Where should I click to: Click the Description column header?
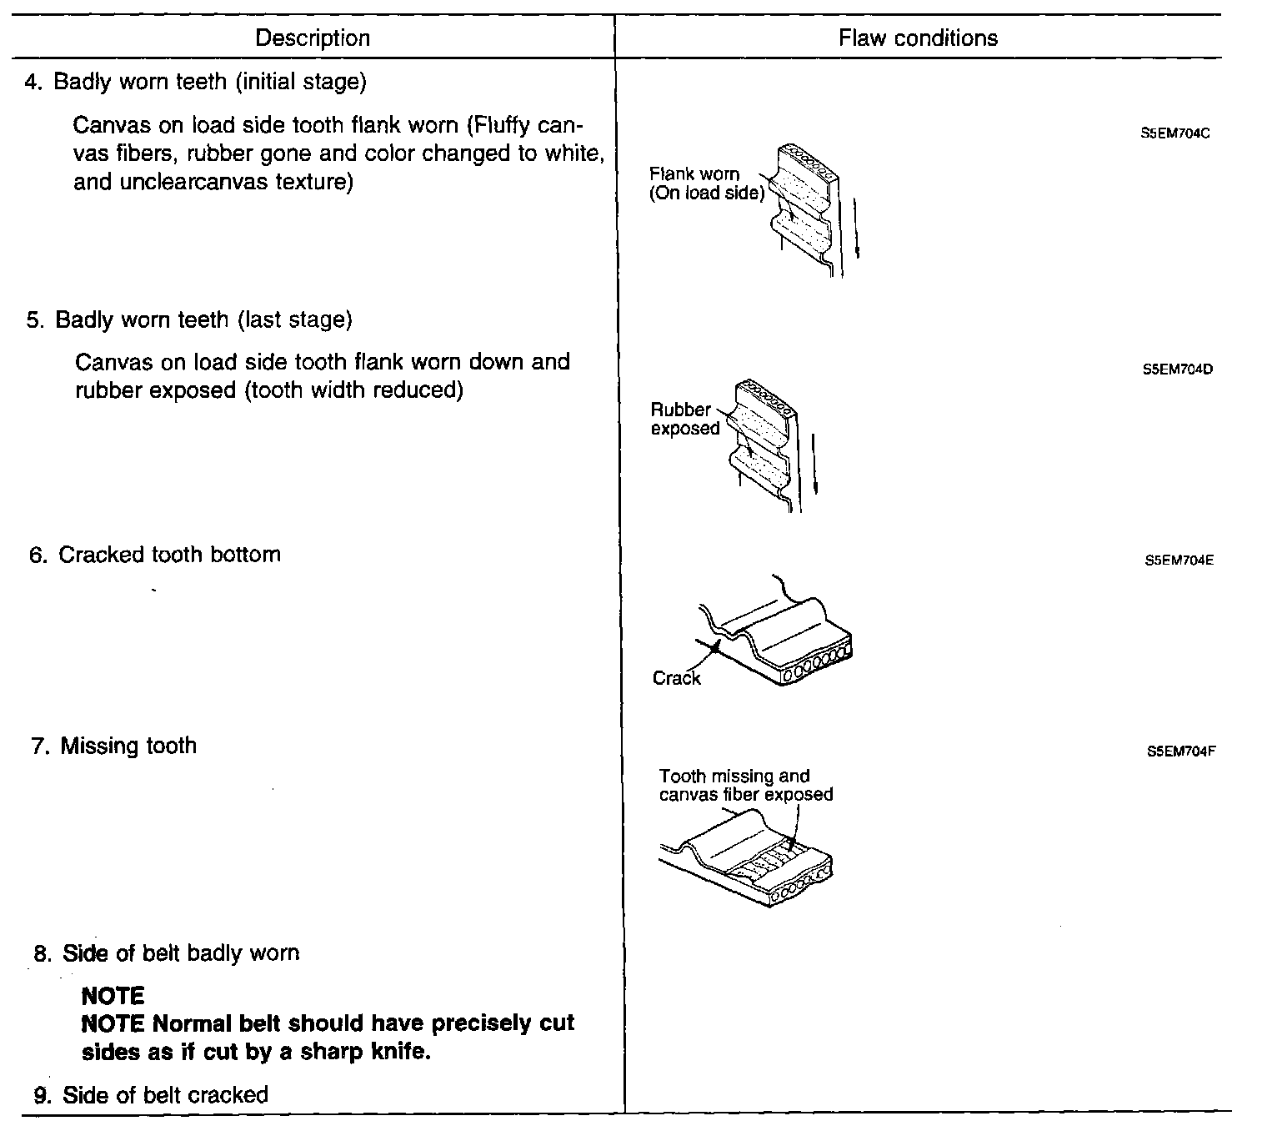(313, 38)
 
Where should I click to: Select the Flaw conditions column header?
(918, 38)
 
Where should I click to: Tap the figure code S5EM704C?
(1175, 133)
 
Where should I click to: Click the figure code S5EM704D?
(1178, 369)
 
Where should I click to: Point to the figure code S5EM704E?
(1179, 560)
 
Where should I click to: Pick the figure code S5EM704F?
(1181, 751)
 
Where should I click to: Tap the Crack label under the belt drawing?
(676, 678)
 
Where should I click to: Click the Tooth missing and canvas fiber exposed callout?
(745, 785)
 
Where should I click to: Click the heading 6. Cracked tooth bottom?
(155, 555)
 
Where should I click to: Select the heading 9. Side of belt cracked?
(151, 1095)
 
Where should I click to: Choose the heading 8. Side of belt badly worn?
(167, 953)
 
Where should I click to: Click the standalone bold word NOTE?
(113, 996)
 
